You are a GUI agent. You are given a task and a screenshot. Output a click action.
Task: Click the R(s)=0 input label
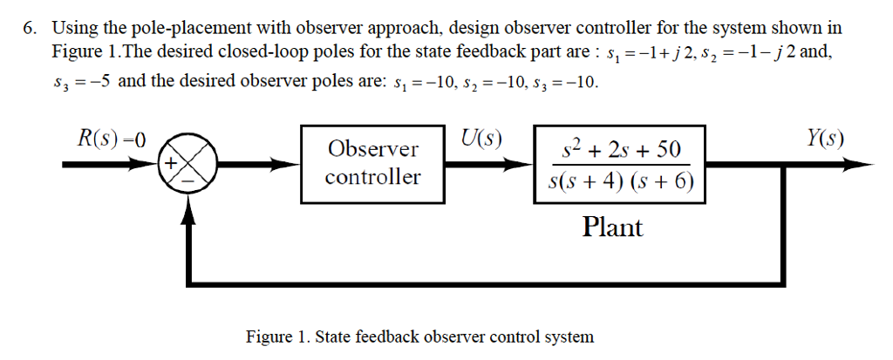(x=110, y=140)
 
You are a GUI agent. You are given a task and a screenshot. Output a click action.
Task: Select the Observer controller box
(x=372, y=163)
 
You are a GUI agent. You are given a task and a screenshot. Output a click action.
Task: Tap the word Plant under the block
(x=612, y=228)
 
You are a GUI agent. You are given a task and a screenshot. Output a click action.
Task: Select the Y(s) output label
(x=824, y=139)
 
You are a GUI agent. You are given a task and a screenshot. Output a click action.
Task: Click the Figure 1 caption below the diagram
(x=419, y=336)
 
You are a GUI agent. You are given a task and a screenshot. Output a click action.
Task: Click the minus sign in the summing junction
(x=187, y=178)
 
